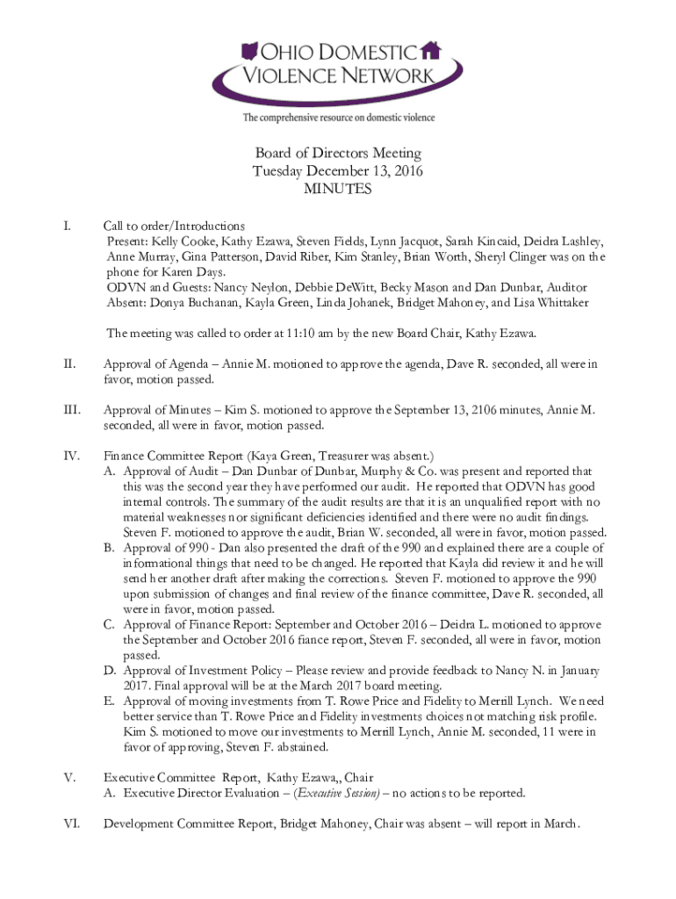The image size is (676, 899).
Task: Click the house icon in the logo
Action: tap(429, 48)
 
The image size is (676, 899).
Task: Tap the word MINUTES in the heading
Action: tap(338, 189)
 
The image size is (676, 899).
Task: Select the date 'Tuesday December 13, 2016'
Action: tap(338, 171)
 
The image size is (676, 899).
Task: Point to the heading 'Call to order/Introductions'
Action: tap(174, 226)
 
